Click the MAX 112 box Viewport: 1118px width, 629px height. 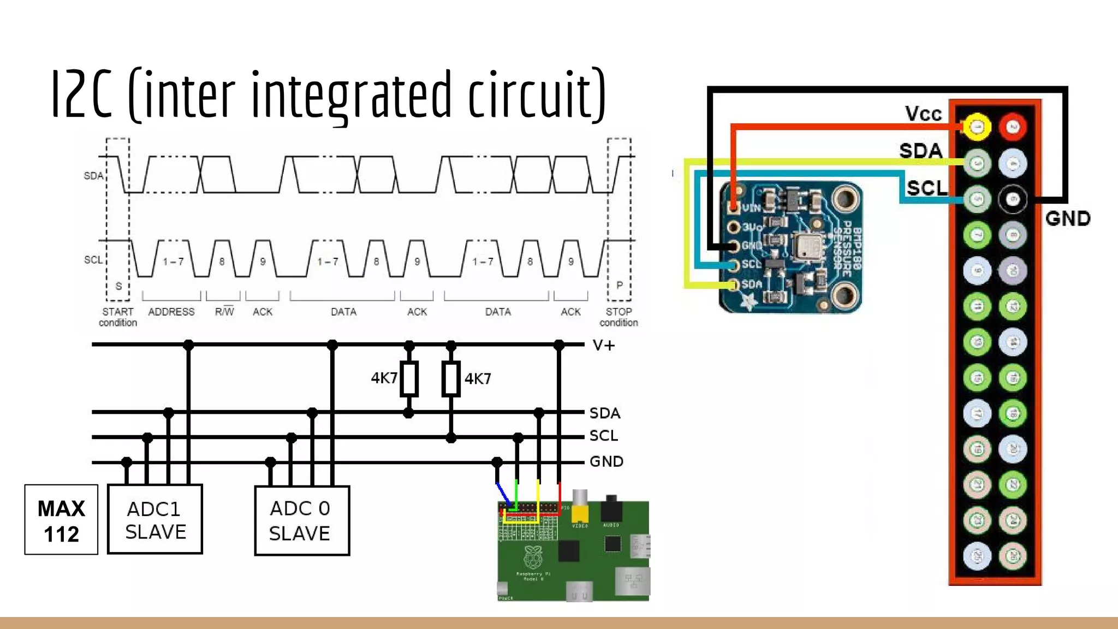[61, 520]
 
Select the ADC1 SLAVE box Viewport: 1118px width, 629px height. [155, 519]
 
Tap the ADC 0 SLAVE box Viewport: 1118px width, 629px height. [301, 520]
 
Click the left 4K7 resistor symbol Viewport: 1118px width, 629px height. [409, 378]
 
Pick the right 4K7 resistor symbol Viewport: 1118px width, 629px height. [450, 378]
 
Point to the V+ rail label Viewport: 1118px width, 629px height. [604, 346]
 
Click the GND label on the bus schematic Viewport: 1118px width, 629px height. [606, 461]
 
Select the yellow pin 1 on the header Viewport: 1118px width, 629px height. [977, 127]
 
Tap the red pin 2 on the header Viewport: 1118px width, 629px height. [1013, 127]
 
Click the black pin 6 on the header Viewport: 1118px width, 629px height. [1013, 199]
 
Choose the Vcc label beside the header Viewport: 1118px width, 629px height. [923, 114]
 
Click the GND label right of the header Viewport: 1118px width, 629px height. [1068, 219]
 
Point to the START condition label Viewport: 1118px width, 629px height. [118, 317]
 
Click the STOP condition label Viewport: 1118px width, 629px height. [619, 317]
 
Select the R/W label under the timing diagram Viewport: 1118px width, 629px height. [224, 312]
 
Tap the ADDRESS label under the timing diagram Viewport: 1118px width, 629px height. [171, 312]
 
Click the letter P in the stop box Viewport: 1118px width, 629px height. [620, 285]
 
